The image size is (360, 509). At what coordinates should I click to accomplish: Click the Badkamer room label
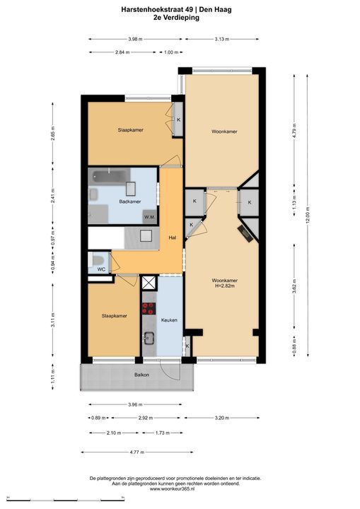[x=130, y=201]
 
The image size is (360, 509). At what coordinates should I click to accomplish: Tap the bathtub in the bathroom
[x=110, y=177]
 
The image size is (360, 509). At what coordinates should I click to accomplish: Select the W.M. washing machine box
[x=149, y=217]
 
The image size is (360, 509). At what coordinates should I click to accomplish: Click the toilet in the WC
[x=98, y=260]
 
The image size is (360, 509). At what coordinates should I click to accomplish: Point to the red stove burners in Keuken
[x=149, y=308]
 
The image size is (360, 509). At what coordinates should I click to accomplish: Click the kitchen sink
[x=149, y=338]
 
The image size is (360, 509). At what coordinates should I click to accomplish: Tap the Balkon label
[x=142, y=375]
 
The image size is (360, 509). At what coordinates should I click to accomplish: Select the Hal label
[x=173, y=238]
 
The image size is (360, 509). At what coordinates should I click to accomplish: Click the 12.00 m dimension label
[x=308, y=216]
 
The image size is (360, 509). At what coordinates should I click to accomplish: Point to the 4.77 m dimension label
[x=137, y=452]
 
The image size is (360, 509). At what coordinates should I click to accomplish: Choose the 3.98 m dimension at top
[x=135, y=39]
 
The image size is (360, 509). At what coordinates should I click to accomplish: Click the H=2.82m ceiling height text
[x=224, y=286]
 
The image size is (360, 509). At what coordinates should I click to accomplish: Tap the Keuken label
[x=169, y=320]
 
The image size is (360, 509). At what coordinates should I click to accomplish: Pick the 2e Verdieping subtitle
[x=176, y=18]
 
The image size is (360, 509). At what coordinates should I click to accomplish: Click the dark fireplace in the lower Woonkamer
[x=245, y=233]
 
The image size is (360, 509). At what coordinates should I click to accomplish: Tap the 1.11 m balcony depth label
[x=53, y=377]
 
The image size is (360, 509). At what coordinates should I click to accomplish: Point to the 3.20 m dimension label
[x=222, y=418]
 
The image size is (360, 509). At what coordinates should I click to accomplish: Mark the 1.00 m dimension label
[x=171, y=52]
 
